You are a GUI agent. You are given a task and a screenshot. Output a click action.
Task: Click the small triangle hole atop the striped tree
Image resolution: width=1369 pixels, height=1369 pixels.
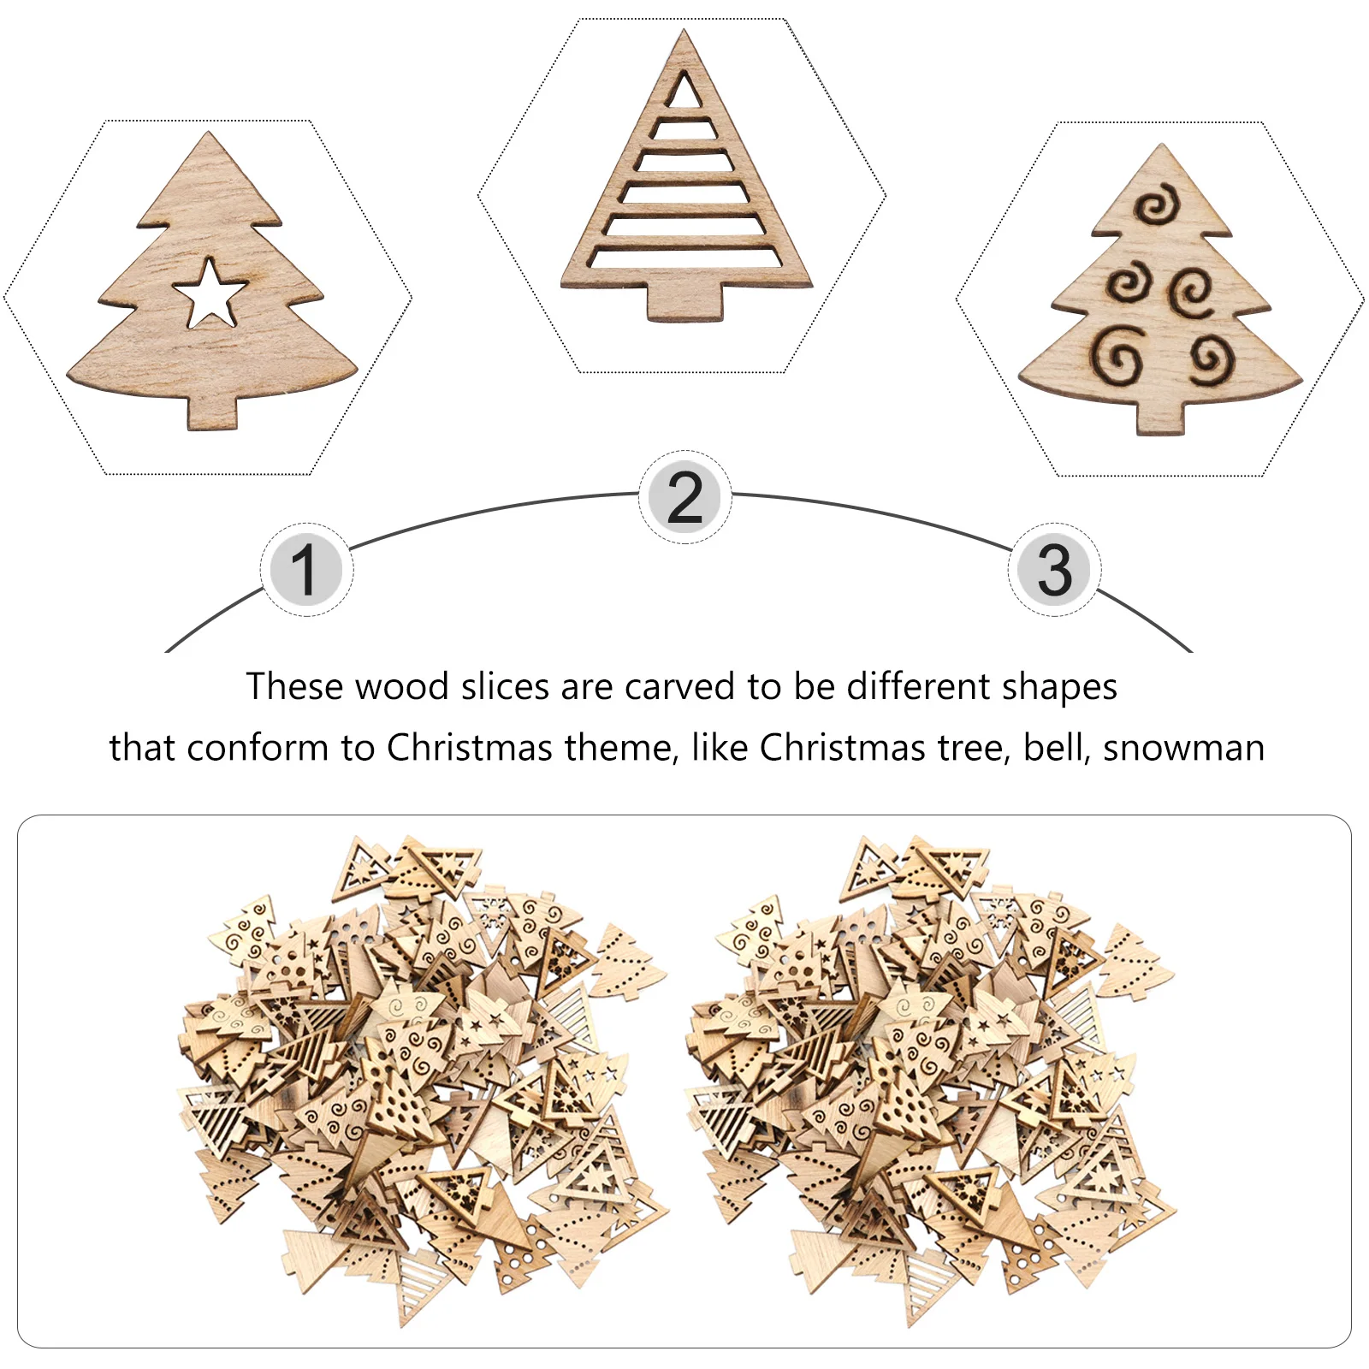click(x=684, y=91)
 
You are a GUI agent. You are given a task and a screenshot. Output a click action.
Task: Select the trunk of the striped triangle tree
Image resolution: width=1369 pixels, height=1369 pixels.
click(x=684, y=303)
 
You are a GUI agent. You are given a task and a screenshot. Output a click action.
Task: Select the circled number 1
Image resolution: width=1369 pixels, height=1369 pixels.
click(x=305, y=570)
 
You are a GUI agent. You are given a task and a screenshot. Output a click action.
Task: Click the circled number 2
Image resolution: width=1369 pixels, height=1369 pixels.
click(x=684, y=497)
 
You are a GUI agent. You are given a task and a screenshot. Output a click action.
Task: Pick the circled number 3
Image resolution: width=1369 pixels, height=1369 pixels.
click(x=1054, y=570)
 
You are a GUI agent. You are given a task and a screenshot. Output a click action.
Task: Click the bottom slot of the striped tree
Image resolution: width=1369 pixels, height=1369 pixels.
click(x=684, y=257)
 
